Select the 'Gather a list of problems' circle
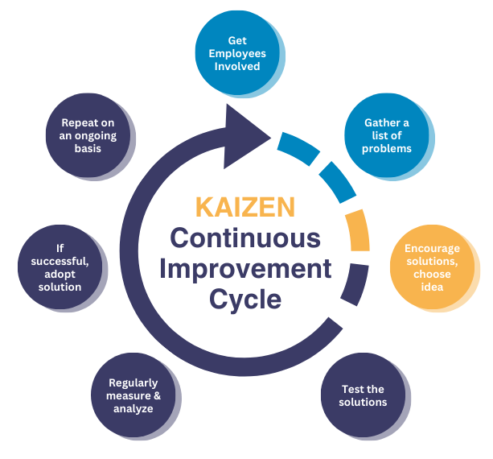click(387, 134)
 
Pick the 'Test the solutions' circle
click(364, 395)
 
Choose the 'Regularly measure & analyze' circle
click(134, 395)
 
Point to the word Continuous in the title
click(244, 238)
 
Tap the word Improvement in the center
click(244, 268)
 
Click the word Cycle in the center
click(245, 299)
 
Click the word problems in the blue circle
click(387, 148)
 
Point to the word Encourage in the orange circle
click(433, 249)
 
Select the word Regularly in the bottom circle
click(134, 382)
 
